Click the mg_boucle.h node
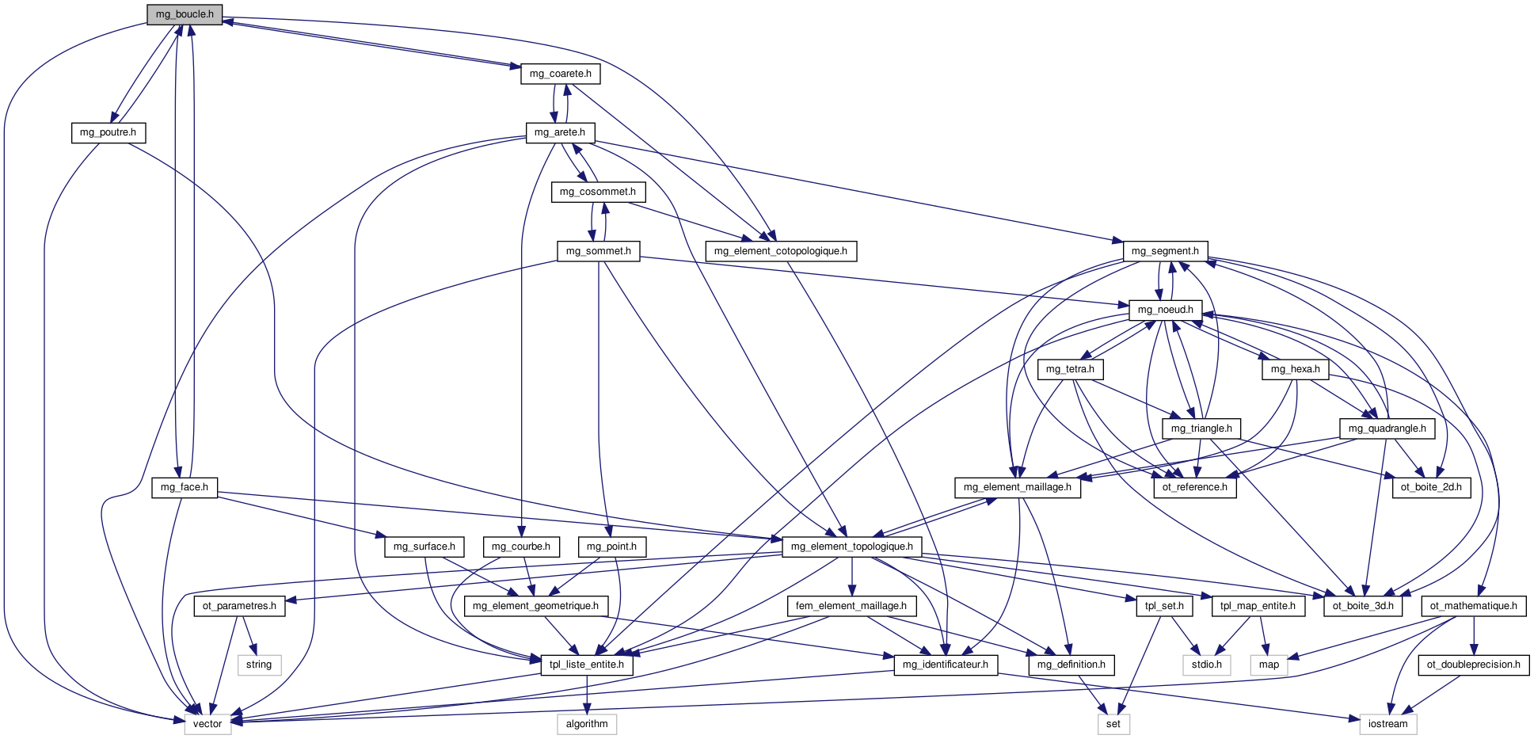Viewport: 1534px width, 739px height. (x=184, y=14)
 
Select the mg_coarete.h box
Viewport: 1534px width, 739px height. (x=560, y=74)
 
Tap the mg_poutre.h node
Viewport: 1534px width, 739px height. (x=108, y=132)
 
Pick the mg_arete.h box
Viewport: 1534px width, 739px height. (x=560, y=132)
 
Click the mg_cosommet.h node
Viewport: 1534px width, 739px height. (x=598, y=192)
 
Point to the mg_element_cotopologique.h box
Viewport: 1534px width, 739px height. (x=780, y=251)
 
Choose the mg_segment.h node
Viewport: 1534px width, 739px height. (x=1165, y=251)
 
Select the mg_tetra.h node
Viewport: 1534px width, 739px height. (x=1070, y=369)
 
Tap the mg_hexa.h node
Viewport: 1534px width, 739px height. (x=1295, y=369)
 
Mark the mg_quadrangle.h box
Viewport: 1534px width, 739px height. (x=1387, y=429)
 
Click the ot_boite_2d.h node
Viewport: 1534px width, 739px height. (x=1431, y=487)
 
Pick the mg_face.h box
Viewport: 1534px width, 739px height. (x=185, y=487)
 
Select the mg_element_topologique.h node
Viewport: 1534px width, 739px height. (x=851, y=547)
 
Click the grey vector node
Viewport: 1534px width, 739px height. (x=208, y=724)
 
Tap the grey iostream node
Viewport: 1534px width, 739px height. (x=1388, y=724)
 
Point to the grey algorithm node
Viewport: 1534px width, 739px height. (x=587, y=724)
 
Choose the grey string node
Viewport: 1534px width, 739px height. (x=259, y=665)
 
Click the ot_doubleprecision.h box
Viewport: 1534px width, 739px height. (x=1474, y=665)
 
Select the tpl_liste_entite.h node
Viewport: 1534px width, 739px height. (x=587, y=665)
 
